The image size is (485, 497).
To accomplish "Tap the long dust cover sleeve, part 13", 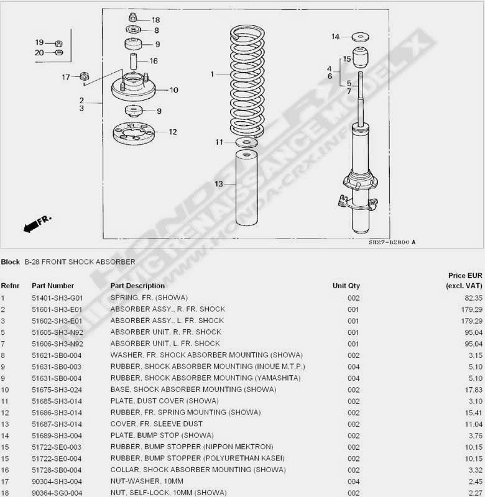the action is pyautogui.click(x=246, y=188).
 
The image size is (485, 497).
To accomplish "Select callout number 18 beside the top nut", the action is pyautogui.click(x=155, y=20).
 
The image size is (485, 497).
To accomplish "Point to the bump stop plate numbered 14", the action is pyautogui.click(x=361, y=37).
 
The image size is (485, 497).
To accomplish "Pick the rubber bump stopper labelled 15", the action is pyautogui.click(x=361, y=57).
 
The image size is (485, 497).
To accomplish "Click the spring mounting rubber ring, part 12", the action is pyautogui.click(x=134, y=133).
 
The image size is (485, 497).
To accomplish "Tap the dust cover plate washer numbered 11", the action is pyautogui.click(x=247, y=142).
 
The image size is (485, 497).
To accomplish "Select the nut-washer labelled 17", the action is pyautogui.click(x=85, y=76).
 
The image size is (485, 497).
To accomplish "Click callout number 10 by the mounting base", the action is pyautogui.click(x=174, y=90).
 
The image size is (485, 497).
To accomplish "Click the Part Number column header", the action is pyautogui.click(x=53, y=286).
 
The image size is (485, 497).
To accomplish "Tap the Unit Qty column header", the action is pyautogui.click(x=346, y=286).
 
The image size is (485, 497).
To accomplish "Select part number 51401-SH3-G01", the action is pyautogui.click(x=57, y=298).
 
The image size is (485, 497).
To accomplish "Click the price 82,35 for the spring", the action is pyautogui.click(x=473, y=298).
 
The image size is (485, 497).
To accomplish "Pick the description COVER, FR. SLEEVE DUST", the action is pyautogui.click(x=156, y=424).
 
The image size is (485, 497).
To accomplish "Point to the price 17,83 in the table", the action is pyautogui.click(x=474, y=390).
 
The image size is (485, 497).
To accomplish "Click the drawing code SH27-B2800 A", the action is pyautogui.click(x=392, y=242).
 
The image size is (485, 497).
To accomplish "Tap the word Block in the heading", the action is pyautogui.click(x=10, y=262).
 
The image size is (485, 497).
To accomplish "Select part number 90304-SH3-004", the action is pyautogui.click(x=57, y=481).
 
